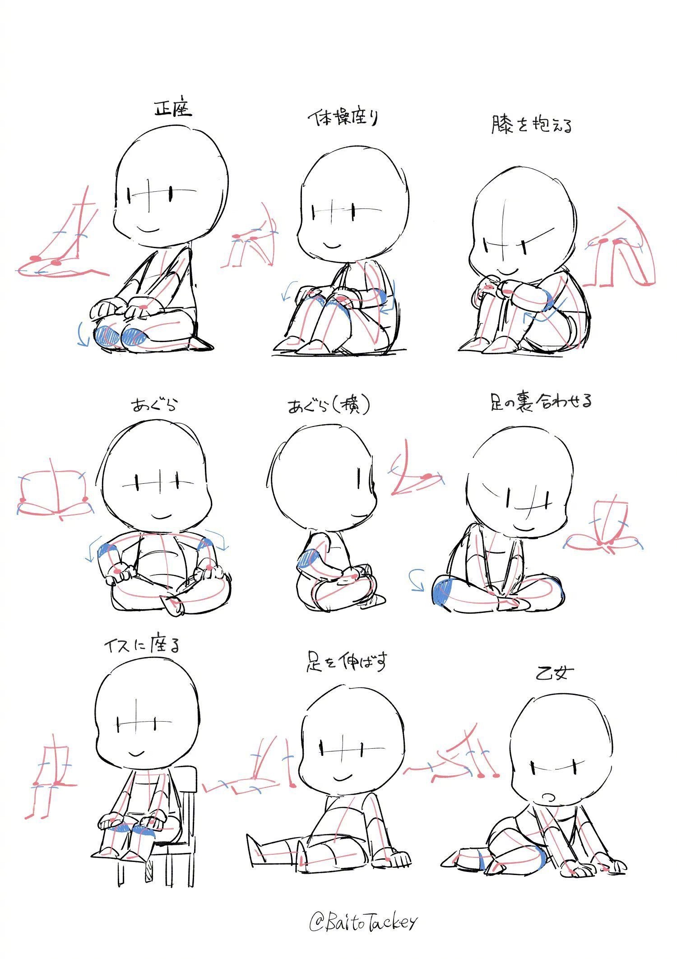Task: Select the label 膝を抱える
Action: click(x=532, y=125)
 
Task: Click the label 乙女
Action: click(x=554, y=674)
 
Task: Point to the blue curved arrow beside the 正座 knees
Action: click(x=82, y=334)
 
